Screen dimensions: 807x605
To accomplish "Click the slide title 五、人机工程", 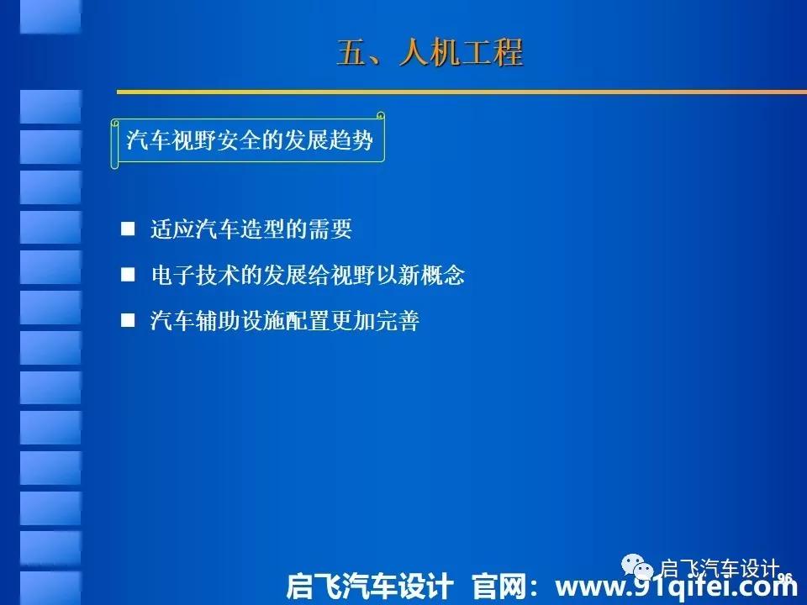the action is (x=430, y=52).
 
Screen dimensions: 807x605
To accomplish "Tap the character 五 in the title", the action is (x=351, y=52).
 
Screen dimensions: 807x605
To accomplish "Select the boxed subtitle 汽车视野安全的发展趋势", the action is (x=249, y=140).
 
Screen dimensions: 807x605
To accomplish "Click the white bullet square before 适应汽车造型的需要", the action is (x=128, y=229).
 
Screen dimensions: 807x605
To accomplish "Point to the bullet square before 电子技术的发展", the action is (x=128, y=275).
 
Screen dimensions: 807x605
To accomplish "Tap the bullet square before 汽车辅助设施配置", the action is (x=128, y=320).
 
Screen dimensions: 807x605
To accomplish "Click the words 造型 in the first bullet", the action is (x=262, y=229).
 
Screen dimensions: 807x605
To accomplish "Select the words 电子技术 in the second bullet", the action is (x=196, y=275).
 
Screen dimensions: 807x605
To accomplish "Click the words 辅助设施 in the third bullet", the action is (x=240, y=320).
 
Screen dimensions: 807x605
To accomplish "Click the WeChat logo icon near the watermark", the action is (x=637, y=566).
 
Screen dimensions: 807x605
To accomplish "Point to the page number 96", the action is (x=784, y=578).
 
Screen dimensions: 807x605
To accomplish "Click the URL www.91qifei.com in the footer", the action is (x=676, y=586).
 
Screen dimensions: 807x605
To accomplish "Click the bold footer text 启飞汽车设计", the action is (x=370, y=587).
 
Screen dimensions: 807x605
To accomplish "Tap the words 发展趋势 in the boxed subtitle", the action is (x=329, y=140).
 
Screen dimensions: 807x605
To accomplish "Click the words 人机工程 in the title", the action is (x=462, y=52).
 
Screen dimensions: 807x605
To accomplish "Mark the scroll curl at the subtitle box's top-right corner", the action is (x=380, y=116).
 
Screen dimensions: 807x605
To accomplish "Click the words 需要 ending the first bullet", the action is (x=330, y=229).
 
